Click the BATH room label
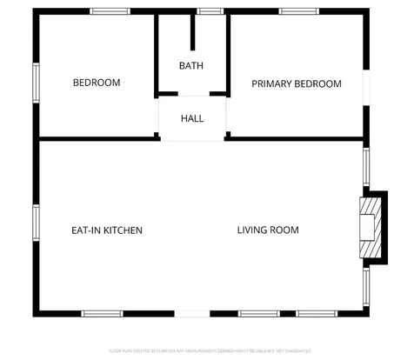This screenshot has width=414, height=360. point(192,66)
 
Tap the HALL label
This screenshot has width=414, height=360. point(192,118)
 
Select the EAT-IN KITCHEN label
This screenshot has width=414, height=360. point(106,230)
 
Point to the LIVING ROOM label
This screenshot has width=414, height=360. point(268,230)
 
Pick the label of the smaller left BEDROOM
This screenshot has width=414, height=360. point(96,83)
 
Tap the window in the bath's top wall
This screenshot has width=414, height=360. point(209,11)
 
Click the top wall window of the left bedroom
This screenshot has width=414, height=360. point(110,11)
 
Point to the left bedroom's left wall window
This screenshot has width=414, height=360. point(36,83)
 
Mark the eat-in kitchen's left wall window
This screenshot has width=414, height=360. point(36,224)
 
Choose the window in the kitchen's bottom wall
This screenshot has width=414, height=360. point(102,313)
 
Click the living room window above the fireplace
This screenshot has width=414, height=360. point(366,167)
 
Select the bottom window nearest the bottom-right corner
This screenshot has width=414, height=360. point(334,313)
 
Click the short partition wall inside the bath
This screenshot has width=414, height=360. point(193,33)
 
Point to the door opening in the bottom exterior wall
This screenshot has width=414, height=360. point(193,313)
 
